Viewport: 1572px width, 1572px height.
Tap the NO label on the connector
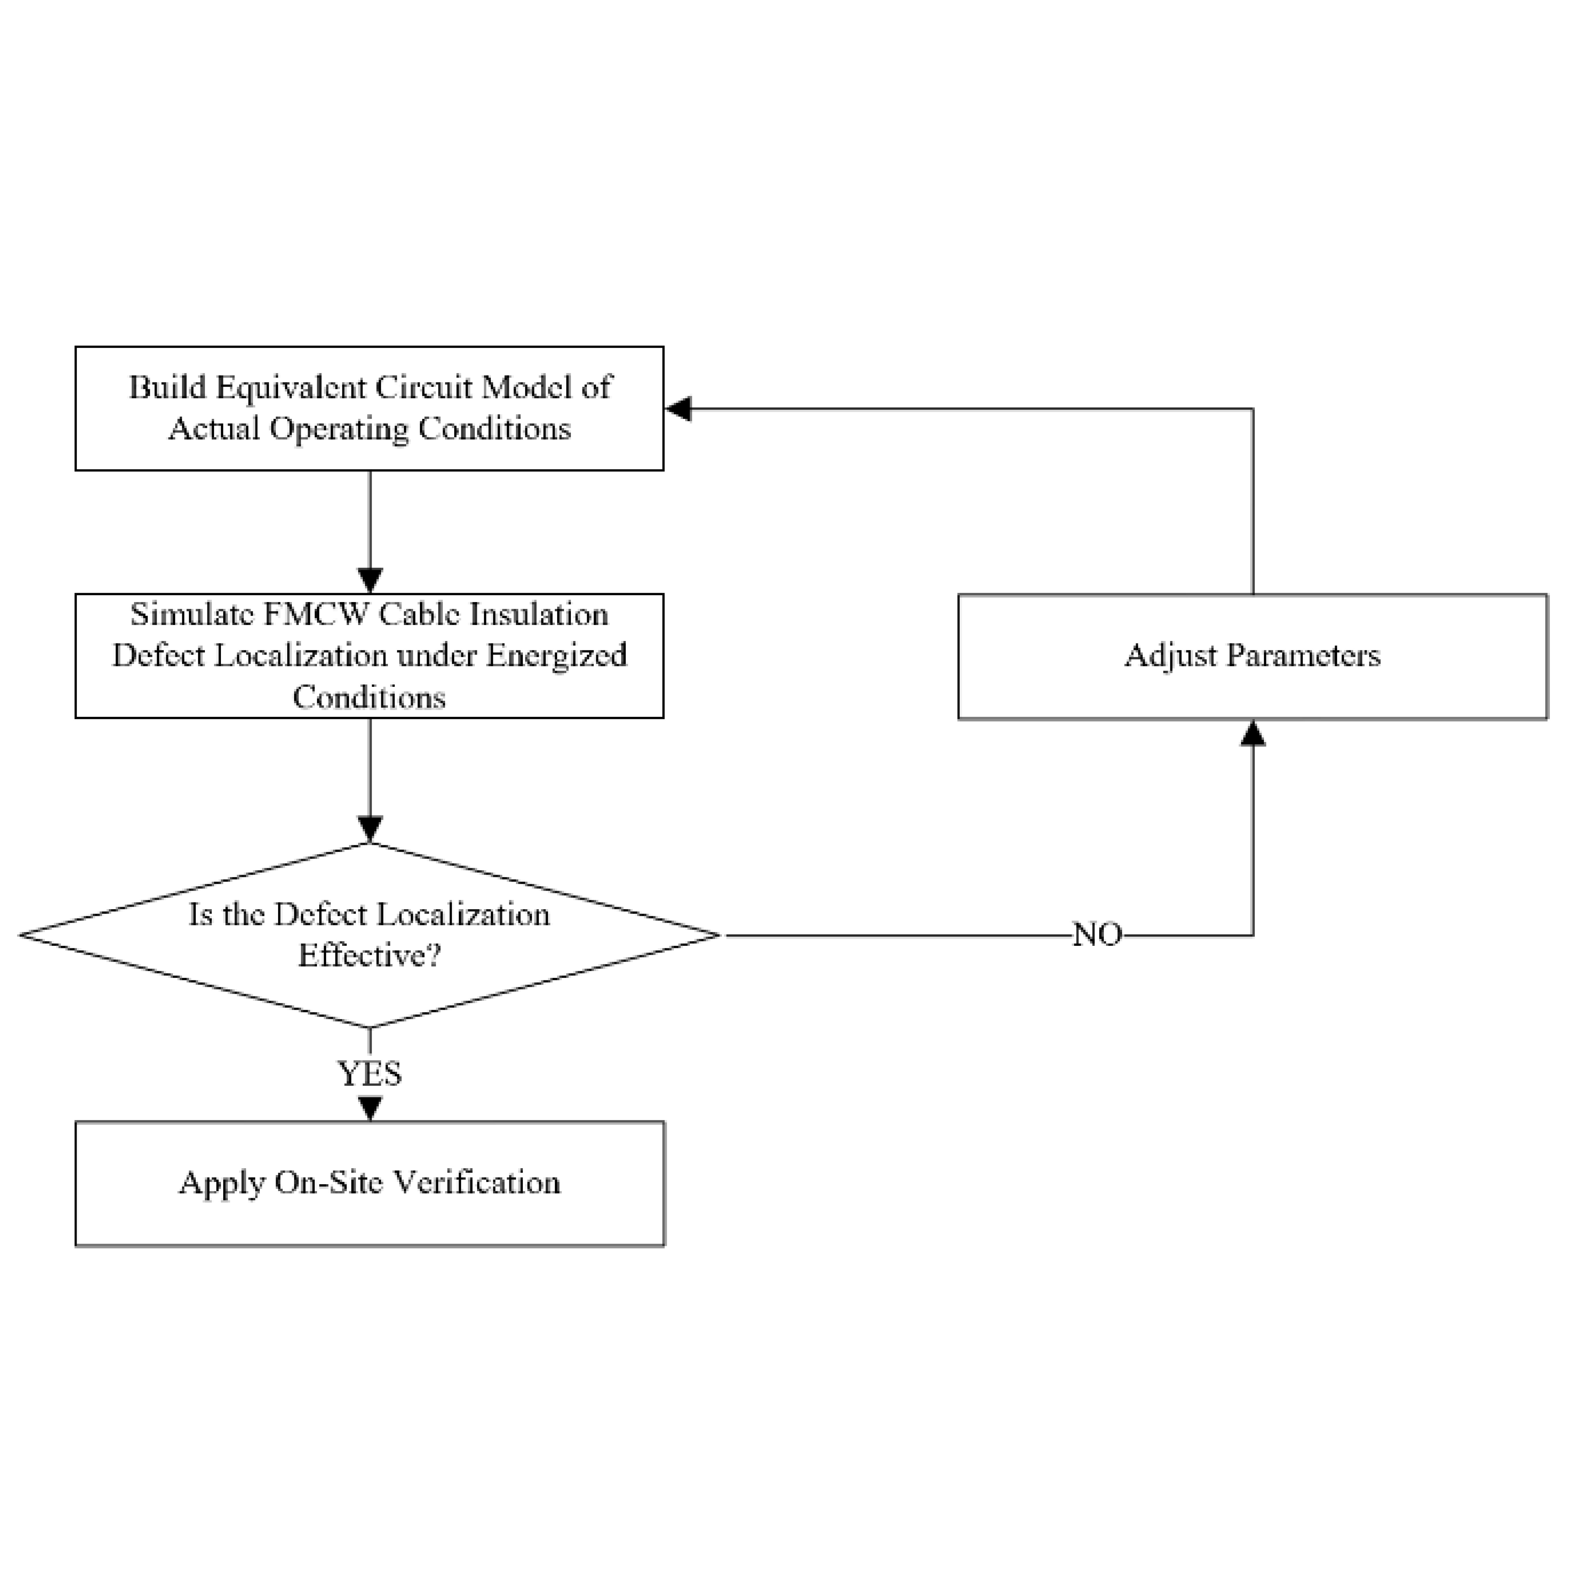(1098, 935)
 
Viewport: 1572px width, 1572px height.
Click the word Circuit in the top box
(423, 387)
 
